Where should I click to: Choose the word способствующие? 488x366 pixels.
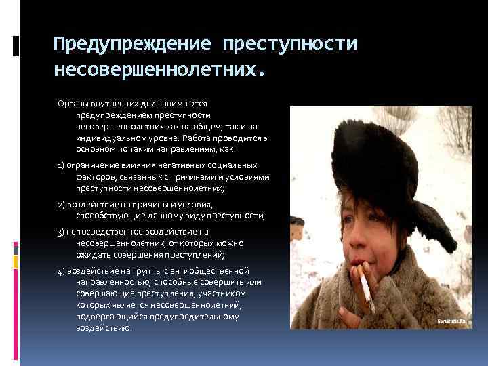pyautogui.click(x=110, y=215)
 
